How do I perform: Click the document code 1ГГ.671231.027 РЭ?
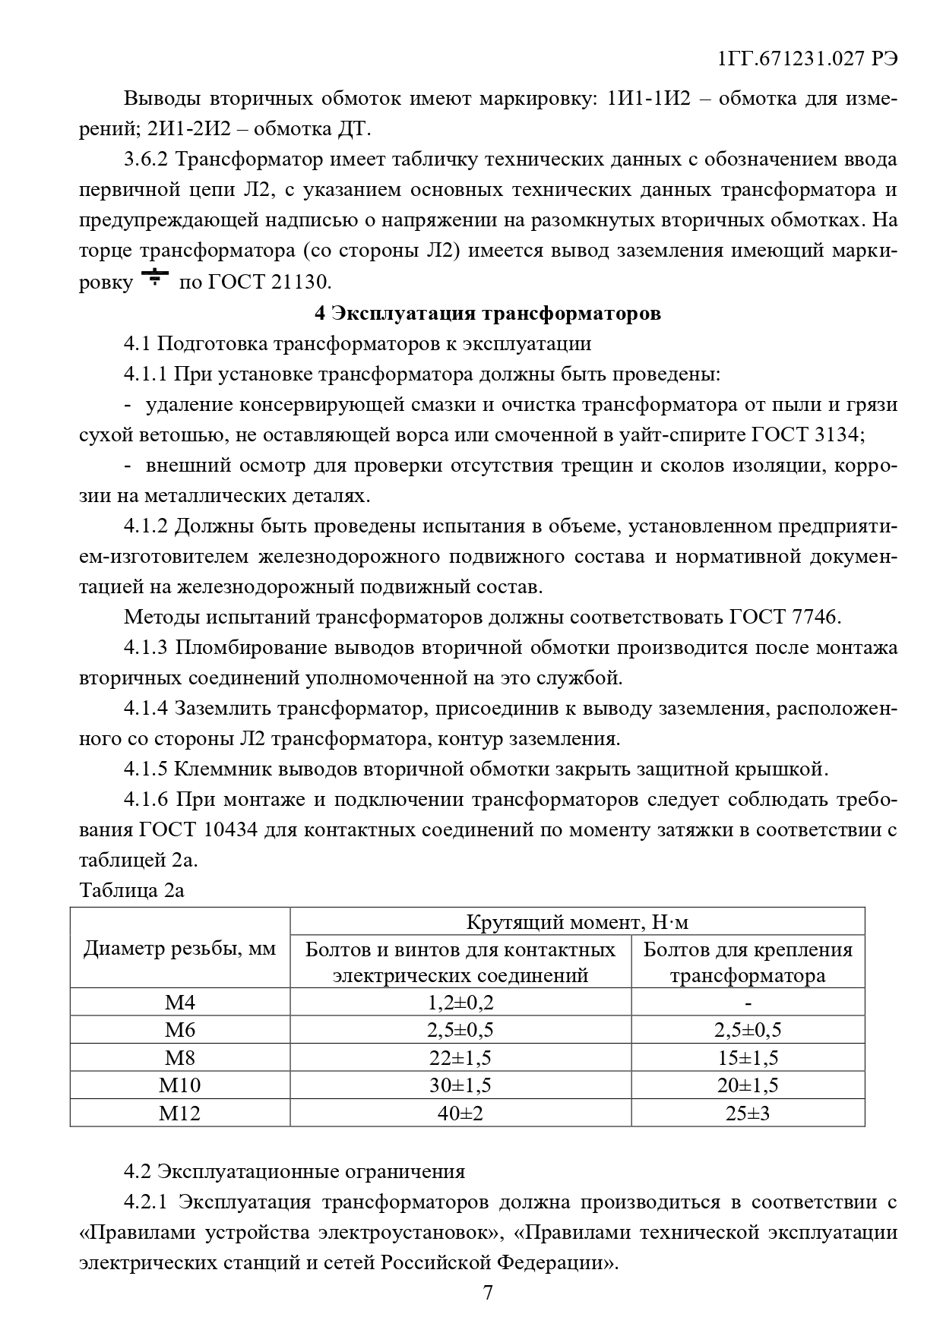click(806, 59)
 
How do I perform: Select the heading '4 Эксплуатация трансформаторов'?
click(487, 313)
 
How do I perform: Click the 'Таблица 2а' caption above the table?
click(131, 890)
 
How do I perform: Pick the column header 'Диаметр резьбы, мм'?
click(180, 949)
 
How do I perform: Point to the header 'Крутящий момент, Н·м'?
click(577, 922)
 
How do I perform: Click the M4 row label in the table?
click(180, 1003)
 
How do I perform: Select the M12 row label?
click(180, 1113)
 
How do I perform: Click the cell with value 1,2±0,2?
click(460, 1003)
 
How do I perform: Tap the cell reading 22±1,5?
click(460, 1058)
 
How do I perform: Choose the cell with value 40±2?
click(460, 1113)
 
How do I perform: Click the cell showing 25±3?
click(748, 1113)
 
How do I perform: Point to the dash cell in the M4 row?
click(748, 1003)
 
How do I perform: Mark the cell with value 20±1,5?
click(748, 1085)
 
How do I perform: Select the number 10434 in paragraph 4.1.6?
click(231, 829)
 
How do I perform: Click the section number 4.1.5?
click(145, 769)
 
